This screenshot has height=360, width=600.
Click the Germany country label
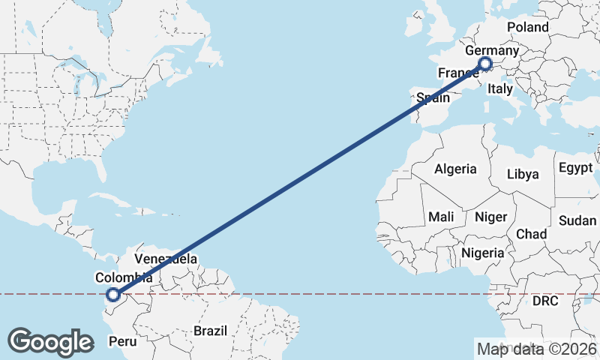coord(492,51)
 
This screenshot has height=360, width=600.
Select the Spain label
coord(433,97)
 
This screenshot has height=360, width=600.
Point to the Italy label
coord(499,89)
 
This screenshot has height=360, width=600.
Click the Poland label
coord(528,28)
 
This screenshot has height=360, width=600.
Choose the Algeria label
coord(455,169)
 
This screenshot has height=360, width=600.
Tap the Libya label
coord(523,174)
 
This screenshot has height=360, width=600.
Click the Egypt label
coord(576,167)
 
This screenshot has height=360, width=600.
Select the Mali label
coord(441,217)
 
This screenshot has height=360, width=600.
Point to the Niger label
coord(491,217)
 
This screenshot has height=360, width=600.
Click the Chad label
coord(531,234)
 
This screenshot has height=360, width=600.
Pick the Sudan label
coord(577,220)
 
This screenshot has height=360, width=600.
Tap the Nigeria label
coord(482,253)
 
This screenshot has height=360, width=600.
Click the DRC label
coord(545,301)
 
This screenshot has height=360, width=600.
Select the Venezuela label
coord(166,259)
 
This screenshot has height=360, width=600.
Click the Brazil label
coord(210,330)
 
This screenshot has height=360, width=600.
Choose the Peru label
coord(124,341)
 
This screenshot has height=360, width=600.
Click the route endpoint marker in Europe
coord(484,65)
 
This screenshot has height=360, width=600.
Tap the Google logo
coord(50,342)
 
